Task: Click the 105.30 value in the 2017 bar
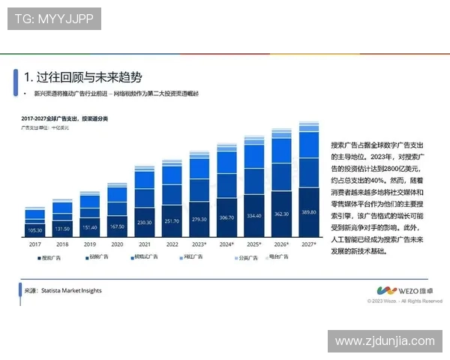click(x=35, y=229)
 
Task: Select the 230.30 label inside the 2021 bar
click(x=144, y=222)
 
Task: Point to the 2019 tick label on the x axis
click(x=90, y=244)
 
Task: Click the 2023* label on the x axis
click(x=199, y=244)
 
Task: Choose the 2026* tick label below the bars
click(x=281, y=244)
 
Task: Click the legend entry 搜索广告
click(x=52, y=257)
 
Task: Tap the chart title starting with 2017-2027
click(x=64, y=119)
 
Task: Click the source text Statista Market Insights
click(x=64, y=290)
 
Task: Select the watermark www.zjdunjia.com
click(x=385, y=341)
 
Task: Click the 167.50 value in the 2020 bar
click(x=117, y=226)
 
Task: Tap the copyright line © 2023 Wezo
click(x=405, y=301)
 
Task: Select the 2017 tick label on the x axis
click(x=35, y=244)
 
